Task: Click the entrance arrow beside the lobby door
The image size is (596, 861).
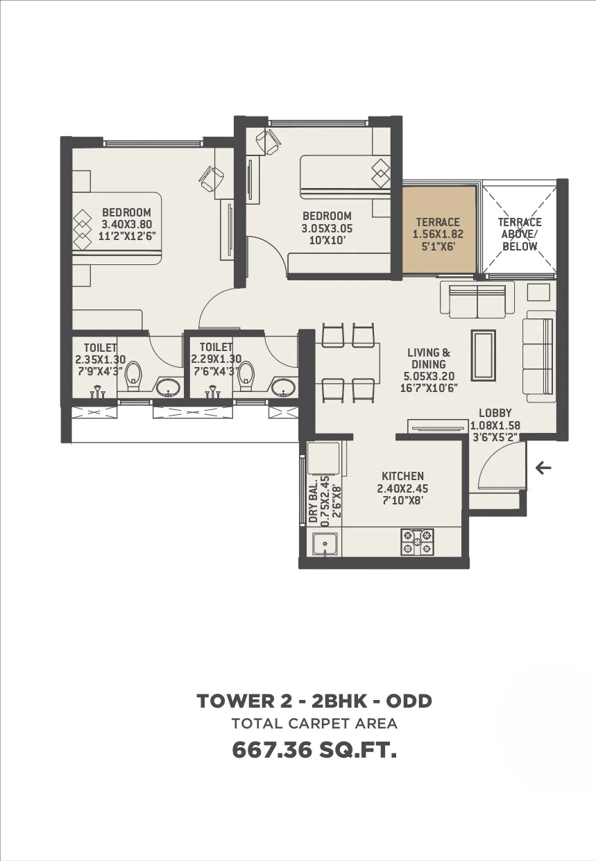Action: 543,468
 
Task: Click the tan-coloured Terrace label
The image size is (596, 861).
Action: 437,223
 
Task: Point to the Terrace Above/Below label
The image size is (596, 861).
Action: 520,235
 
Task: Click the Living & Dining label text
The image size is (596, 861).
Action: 428,358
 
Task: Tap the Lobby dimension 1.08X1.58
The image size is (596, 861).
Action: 495,426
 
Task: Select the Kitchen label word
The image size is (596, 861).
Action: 402,476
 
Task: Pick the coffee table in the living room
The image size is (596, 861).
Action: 483,355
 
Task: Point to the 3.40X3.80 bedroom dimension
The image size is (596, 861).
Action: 126,224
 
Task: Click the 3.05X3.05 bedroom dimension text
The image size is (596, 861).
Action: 326,228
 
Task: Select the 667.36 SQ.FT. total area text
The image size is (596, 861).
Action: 314,750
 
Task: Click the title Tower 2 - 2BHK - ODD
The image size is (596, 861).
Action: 314,701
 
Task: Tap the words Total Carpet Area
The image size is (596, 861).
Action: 314,724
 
